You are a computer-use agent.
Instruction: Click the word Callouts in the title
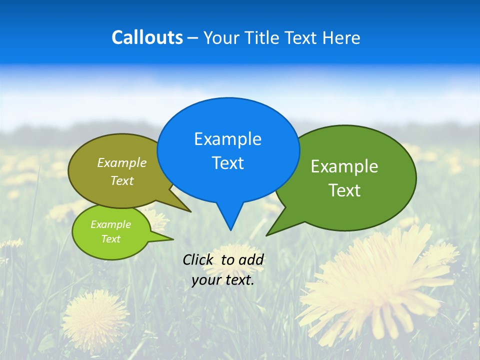point(147,37)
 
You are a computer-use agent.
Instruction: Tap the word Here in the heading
point(341,37)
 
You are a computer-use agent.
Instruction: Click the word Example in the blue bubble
point(227,139)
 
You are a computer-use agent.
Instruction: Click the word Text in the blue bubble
point(227,163)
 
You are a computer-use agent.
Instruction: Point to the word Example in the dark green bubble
point(344,166)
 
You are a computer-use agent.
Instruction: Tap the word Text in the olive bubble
point(121,180)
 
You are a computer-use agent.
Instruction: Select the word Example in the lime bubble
point(110,224)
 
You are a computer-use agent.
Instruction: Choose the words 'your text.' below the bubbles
point(223,280)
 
